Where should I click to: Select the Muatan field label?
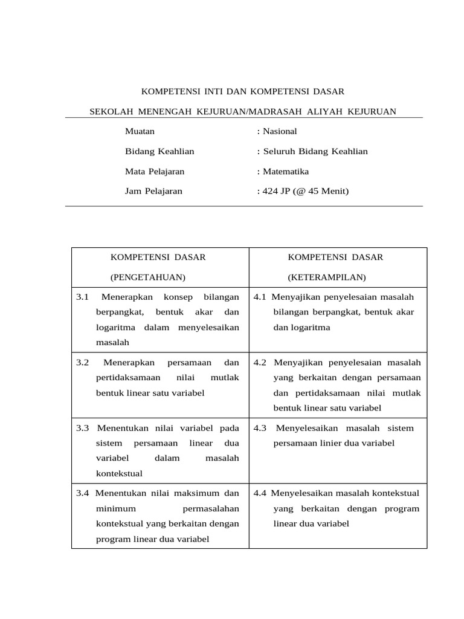point(140,131)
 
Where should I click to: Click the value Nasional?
point(279,131)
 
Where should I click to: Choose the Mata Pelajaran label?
point(155,171)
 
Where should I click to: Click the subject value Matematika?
point(286,171)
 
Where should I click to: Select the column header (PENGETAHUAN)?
point(147,277)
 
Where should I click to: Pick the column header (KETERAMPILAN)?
point(327,277)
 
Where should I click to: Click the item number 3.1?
point(83,297)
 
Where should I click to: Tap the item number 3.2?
point(83,362)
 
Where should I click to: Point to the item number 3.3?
point(83,428)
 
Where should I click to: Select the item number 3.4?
point(83,493)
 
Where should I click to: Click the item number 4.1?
point(260,297)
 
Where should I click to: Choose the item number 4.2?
point(260,362)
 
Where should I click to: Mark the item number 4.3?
point(260,428)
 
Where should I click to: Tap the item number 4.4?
point(260,493)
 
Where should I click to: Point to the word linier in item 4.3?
point(330,443)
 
